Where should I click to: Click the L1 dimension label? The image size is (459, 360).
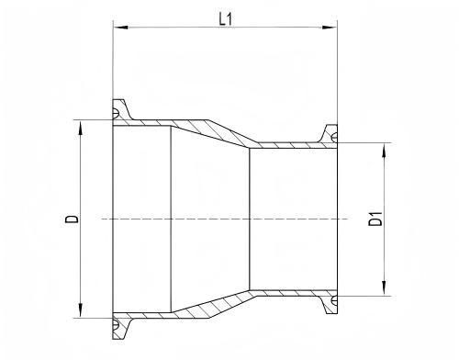(x=226, y=20)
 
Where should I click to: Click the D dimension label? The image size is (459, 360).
(x=72, y=219)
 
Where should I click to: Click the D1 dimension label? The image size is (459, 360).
(x=375, y=219)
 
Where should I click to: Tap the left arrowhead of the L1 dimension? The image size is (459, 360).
(x=120, y=28)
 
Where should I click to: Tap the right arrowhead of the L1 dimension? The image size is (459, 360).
(x=330, y=28)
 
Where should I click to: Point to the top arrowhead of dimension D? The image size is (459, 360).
(x=80, y=128)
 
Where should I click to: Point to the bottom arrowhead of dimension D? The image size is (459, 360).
(x=80, y=310)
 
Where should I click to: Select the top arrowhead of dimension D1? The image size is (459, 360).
(x=384, y=150)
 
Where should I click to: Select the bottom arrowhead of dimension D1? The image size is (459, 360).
(x=384, y=288)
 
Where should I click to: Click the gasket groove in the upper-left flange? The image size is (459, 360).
(x=116, y=113)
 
